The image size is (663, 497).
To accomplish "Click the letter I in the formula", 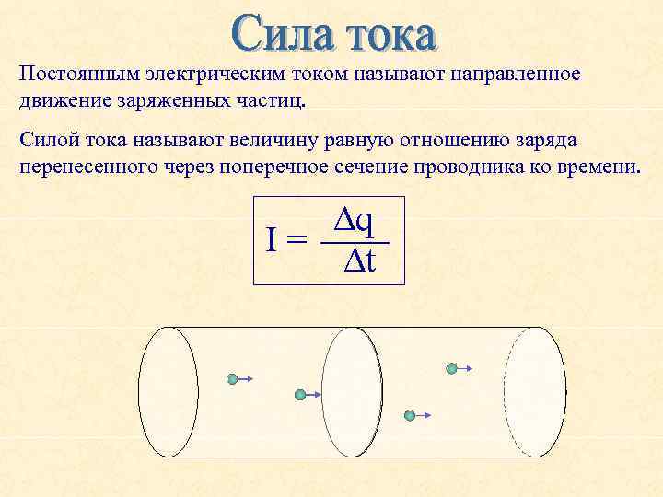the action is [272, 241].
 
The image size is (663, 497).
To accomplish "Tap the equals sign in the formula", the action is [297, 242].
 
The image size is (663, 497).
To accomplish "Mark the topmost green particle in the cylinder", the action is [451, 368].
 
